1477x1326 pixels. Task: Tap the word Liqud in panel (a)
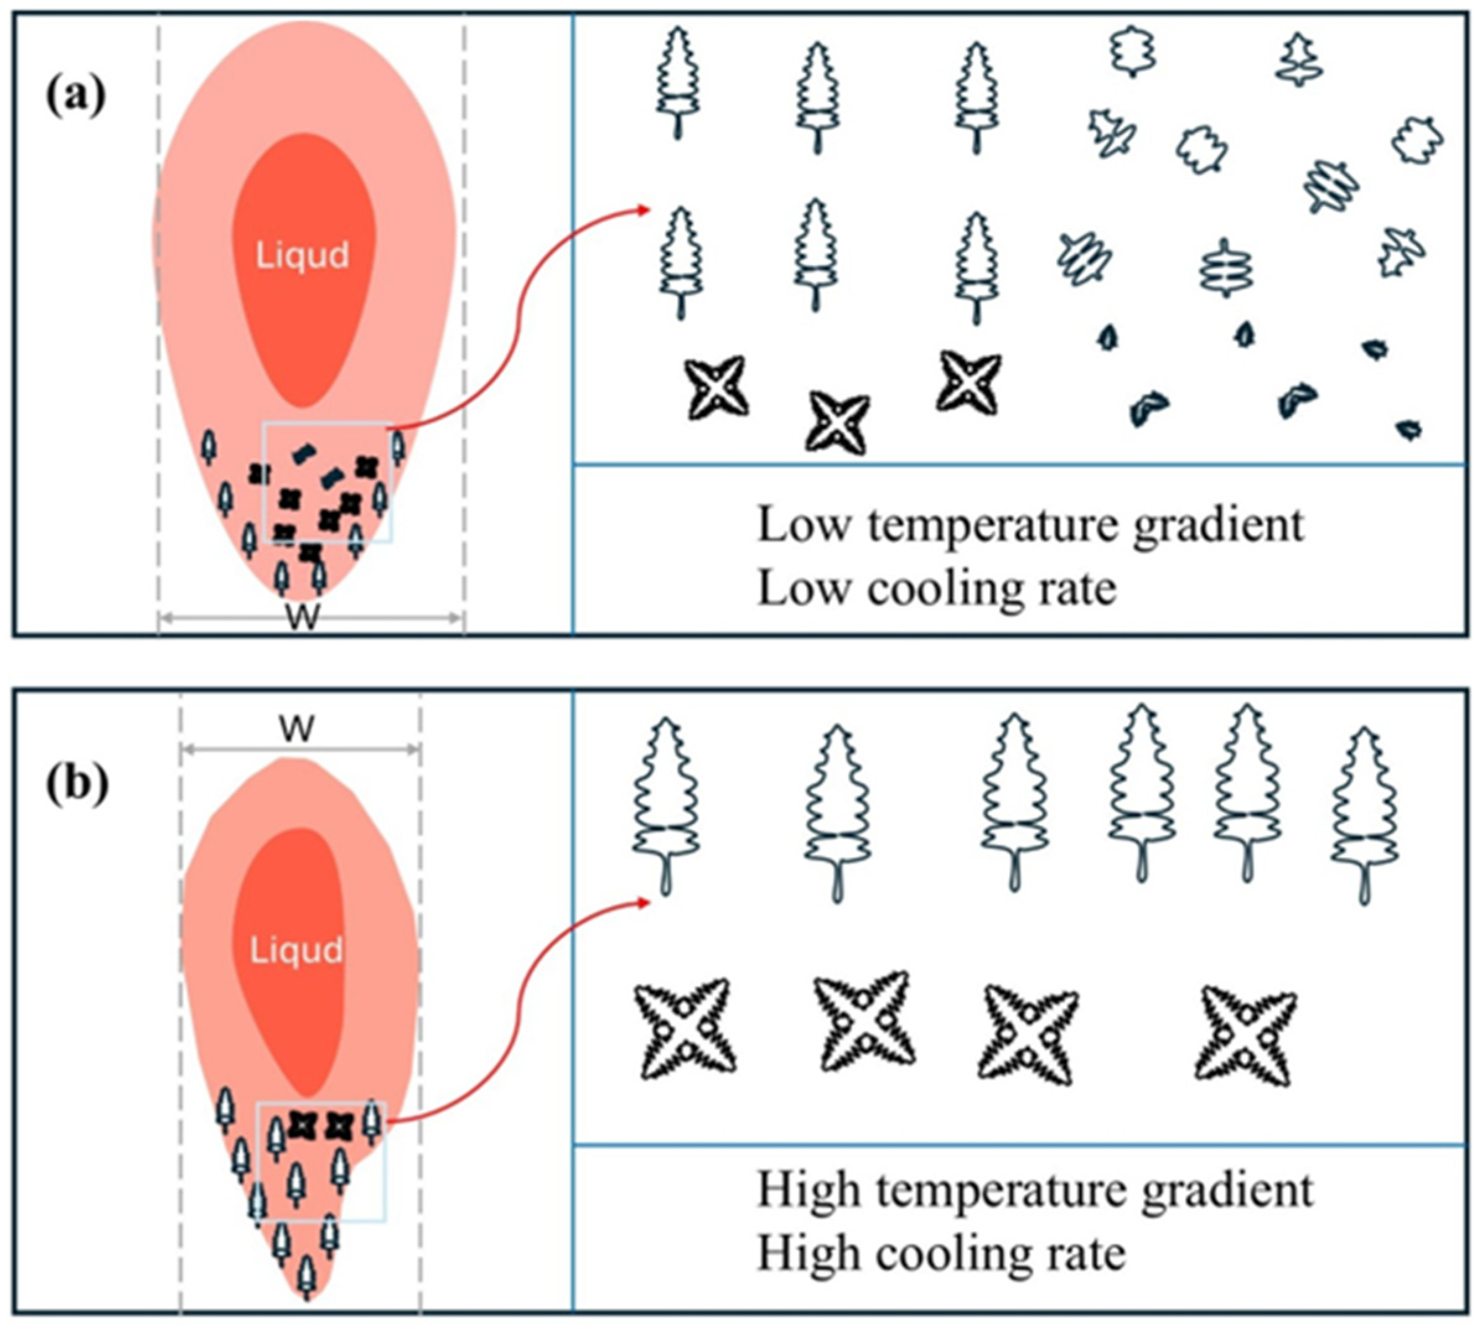tap(302, 256)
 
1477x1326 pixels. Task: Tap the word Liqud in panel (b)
tap(297, 950)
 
